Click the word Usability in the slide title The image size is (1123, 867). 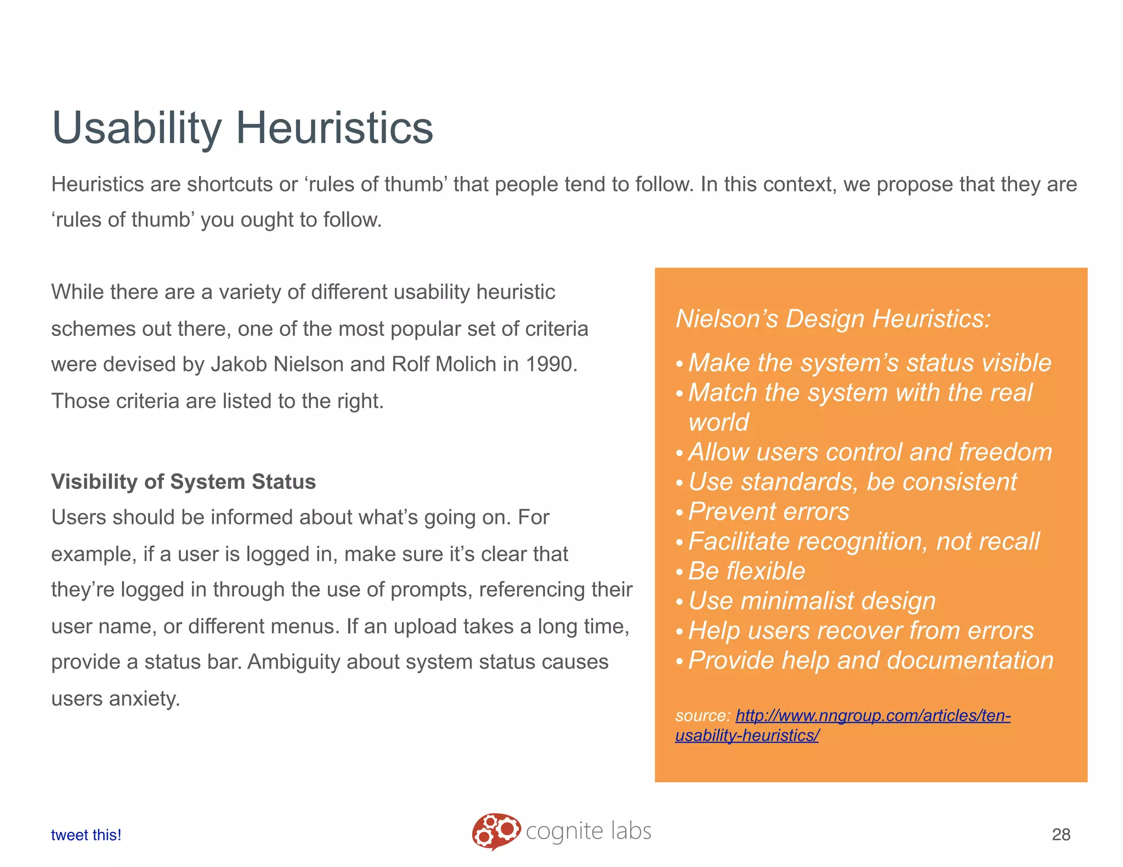(x=136, y=128)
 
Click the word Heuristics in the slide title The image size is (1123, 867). (x=334, y=128)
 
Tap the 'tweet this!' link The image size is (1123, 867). (x=86, y=835)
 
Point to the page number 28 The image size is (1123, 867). (x=1060, y=834)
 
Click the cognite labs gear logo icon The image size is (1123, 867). (x=496, y=831)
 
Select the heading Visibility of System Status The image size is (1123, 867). (x=183, y=482)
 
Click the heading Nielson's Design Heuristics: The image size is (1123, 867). (x=833, y=318)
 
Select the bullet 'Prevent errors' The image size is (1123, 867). (x=768, y=512)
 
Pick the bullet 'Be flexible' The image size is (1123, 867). (x=746, y=571)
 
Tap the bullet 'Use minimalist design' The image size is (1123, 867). (x=812, y=601)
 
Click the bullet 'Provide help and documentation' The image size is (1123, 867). (x=870, y=660)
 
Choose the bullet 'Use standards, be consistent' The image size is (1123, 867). (x=852, y=482)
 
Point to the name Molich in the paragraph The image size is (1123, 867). (x=466, y=364)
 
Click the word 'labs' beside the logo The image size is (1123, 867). (x=631, y=831)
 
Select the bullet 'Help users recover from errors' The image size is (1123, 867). (x=860, y=631)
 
